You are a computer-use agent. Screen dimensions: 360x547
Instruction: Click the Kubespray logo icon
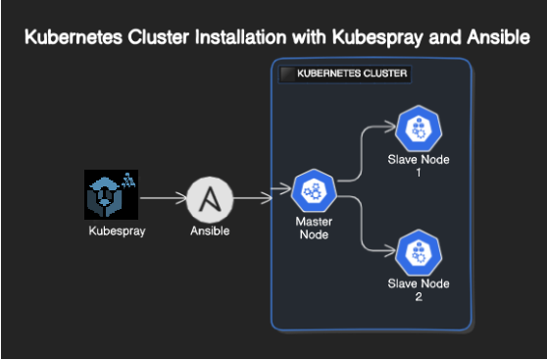pos(110,195)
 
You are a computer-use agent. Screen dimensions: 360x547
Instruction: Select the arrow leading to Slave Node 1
pos(365,147)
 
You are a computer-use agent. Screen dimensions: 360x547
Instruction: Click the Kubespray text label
pos(110,231)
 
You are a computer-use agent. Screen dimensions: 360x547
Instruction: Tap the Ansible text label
pos(209,231)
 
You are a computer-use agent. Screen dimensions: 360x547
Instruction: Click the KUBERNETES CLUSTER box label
pos(352,74)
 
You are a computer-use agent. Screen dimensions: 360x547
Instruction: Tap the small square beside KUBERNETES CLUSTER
pos(286,74)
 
